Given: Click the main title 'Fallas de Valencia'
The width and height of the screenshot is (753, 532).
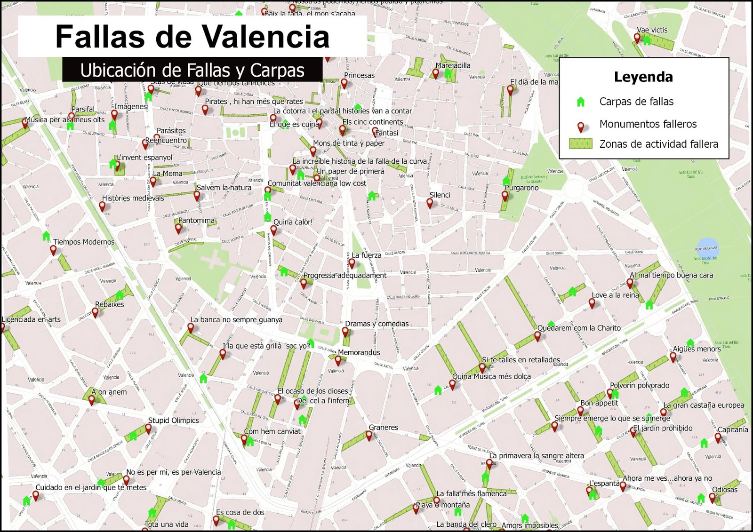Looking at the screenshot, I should pos(192,36).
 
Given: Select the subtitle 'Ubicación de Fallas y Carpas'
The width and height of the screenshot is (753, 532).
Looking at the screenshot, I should pos(192,71).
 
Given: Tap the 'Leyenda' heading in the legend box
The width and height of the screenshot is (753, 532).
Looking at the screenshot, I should pos(643,77).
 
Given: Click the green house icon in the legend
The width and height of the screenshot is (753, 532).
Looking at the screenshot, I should pos(580,102).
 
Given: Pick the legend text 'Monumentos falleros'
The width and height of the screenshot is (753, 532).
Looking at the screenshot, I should pos(648,124).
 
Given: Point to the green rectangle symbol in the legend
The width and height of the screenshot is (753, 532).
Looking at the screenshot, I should pos(580,144).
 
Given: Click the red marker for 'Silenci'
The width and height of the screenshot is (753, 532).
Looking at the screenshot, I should pos(429,203).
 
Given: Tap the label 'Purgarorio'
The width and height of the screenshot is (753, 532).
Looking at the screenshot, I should pos(521,188).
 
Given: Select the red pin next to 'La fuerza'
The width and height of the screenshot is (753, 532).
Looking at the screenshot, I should pos(352,263).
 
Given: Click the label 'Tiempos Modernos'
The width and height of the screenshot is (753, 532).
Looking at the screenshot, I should pos(84,242).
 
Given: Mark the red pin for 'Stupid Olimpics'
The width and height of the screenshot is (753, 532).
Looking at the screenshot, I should pos(148,428).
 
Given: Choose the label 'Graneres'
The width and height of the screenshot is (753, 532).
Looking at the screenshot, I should pos(383,428).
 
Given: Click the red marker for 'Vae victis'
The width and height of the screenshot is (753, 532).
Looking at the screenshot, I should pos(637,38).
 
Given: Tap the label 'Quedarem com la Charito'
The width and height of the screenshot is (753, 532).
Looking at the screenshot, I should pos(579,328).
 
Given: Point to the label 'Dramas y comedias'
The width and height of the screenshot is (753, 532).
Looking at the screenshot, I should pos(376,324).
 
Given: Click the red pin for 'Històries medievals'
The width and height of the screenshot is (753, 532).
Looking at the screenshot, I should pos(102,206).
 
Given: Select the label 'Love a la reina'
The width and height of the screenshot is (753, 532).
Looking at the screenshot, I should pos(615,295).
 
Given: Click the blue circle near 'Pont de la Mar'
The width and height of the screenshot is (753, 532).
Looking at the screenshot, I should pos(706,248).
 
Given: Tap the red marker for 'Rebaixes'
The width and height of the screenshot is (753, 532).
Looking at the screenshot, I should pos(95,312).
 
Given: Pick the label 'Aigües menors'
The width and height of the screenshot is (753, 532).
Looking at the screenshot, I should pos(697,349).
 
